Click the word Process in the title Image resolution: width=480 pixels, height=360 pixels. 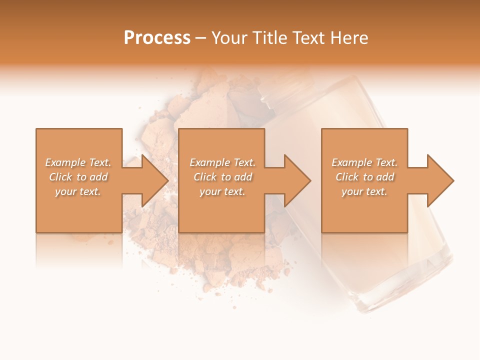point(157,38)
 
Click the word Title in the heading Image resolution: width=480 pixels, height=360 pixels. point(268,38)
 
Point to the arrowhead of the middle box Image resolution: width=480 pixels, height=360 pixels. point(296,180)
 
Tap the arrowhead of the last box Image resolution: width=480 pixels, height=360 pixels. point(439,180)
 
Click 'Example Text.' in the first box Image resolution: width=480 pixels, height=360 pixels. point(78,162)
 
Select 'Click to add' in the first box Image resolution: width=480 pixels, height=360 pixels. point(78,177)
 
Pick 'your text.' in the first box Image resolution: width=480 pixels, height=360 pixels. point(78,191)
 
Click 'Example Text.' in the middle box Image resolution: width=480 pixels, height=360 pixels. point(222,162)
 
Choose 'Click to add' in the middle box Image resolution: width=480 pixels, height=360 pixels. point(222,177)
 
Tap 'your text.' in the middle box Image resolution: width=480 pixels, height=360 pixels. point(222,191)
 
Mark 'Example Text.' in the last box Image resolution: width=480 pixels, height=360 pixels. point(364,162)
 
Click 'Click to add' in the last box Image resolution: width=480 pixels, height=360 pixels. point(364,177)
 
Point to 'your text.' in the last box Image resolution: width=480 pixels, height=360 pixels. point(364,191)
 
